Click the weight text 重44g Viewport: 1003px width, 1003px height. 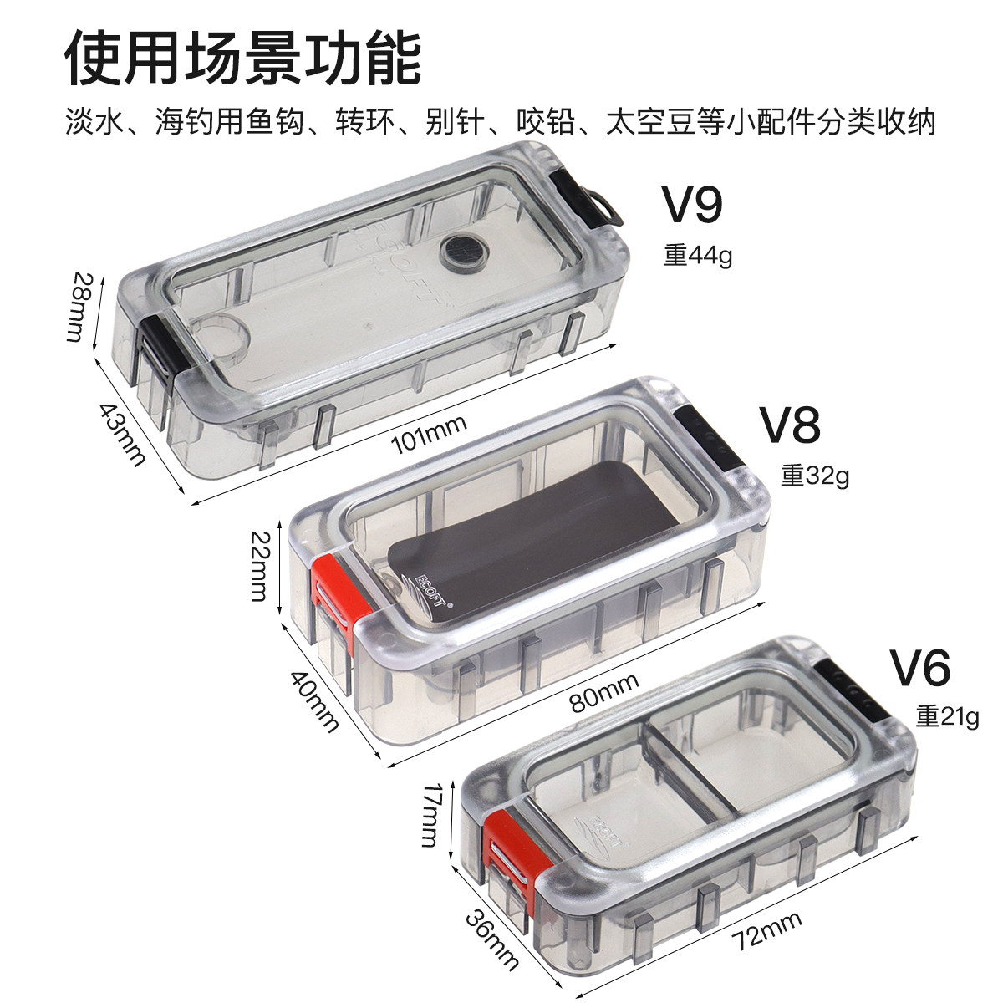[x=698, y=255]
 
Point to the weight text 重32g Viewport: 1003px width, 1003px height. [x=815, y=476]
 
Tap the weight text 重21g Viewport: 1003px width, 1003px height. [x=946, y=716]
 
